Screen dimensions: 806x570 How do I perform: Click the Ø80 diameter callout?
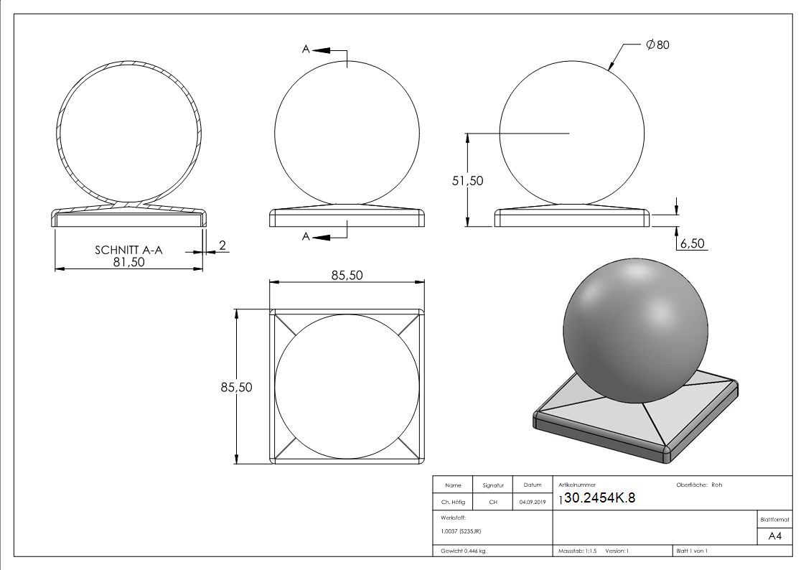point(657,45)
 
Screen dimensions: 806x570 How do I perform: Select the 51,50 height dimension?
point(467,180)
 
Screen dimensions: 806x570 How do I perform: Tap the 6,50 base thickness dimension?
point(693,243)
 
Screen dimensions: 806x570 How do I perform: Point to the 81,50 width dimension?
point(129,262)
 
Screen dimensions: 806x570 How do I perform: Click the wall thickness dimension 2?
point(222,246)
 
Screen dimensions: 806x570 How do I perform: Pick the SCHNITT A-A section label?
point(128,251)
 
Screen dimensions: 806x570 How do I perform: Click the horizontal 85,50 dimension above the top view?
point(347,276)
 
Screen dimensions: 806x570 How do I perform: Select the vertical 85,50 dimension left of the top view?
point(236,387)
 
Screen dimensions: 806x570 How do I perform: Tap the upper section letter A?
point(306,50)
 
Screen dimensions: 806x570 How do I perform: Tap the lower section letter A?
point(306,236)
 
